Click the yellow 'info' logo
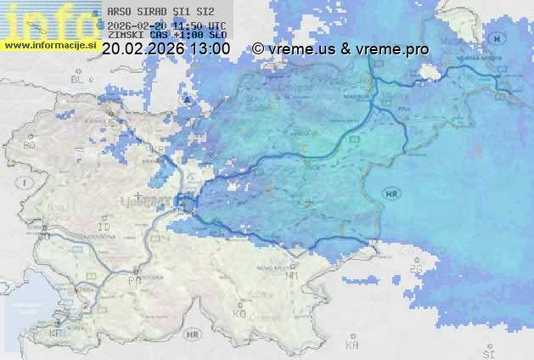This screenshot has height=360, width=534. point(47,19)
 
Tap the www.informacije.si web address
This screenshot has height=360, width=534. point(49,43)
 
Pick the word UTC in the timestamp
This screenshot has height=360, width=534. point(216,25)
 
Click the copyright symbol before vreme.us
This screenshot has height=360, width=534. point(258,49)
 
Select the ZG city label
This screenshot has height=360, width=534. point(416,268)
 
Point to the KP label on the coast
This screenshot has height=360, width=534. point(55,334)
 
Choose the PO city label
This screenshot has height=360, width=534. point(133,279)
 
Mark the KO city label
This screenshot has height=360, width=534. point(239,313)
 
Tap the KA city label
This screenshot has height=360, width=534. point(352,345)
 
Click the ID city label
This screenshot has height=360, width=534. point(104,228)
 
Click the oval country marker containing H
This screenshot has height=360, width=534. point(498,39)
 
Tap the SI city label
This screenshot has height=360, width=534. point(487,350)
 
